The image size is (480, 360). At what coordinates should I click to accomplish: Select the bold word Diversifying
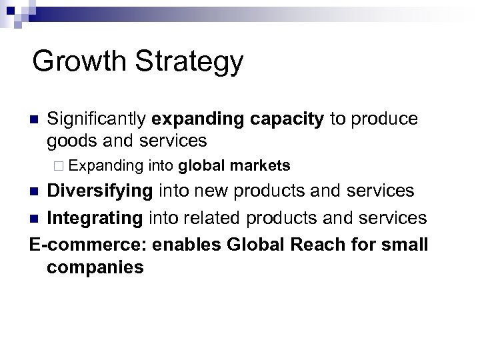point(101,191)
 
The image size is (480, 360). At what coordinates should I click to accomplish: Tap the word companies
point(95,268)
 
